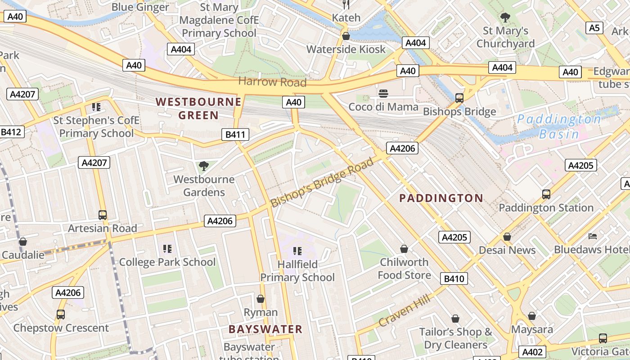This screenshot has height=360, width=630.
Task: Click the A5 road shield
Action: (x=594, y=28)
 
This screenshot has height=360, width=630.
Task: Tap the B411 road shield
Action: (x=235, y=134)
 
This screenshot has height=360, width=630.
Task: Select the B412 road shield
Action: (x=11, y=132)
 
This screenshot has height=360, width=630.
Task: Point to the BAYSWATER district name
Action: (x=265, y=329)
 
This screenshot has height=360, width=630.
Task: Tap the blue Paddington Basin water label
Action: (x=559, y=126)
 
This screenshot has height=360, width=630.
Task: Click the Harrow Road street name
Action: (x=272, y=82)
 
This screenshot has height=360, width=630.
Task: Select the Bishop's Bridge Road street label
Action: (x=322, y=182)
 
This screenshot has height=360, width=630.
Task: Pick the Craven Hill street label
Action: (x=405, y=310)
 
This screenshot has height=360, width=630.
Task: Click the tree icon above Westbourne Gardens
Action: (x=204, y=166)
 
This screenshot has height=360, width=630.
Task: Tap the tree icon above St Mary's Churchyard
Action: (x=505, y=18)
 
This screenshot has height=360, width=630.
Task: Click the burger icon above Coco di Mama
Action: (x=383, y=94)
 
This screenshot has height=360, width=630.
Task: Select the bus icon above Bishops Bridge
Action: (x=459, y=98)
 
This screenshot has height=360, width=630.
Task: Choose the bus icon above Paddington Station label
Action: (x=546, y=194)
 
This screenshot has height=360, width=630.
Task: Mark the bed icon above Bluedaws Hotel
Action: (x=593, y=236)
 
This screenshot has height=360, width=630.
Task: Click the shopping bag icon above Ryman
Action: (x=260, y=299)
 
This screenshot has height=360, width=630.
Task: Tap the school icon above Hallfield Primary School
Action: (x=297, y=251)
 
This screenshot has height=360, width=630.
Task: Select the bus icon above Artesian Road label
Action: (x=103, y=215)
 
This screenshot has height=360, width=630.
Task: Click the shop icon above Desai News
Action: (x=507, y=237)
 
